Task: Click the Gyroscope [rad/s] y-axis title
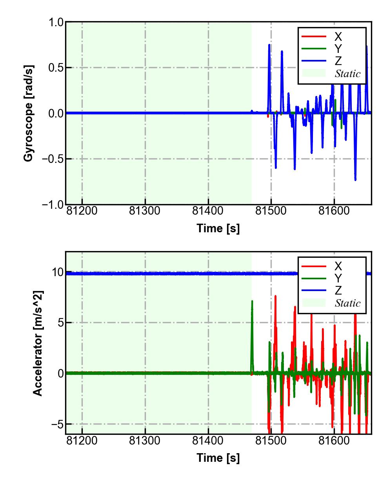[x=28, y=113]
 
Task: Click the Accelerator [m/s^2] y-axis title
[x=38, y=343]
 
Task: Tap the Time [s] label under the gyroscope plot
[x=218, y=228]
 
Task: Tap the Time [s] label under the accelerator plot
[x=218, y=457]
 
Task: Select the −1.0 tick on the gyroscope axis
[x=52, y=204]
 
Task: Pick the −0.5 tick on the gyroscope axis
[x=52, y=159]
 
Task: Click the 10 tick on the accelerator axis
[x=58, y=272]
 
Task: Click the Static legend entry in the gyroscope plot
[x=347, y=73]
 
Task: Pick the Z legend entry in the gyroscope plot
[x=338, y=61]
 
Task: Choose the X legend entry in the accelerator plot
[x=338, y=266]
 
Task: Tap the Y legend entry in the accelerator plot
[x=338, y=278]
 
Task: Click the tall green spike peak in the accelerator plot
[x=252, y=301]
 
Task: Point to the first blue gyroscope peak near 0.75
[x=269, y=45]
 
